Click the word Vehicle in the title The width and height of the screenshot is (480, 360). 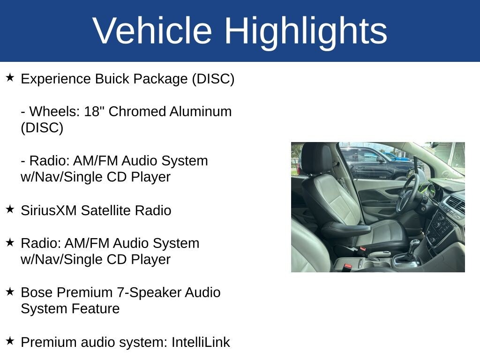(152, 30)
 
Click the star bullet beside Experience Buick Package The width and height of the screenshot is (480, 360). (10, 77)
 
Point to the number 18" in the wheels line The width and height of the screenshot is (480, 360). (92, 111)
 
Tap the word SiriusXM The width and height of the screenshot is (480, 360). (49, 210)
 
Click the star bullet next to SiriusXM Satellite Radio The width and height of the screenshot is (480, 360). (10, 209)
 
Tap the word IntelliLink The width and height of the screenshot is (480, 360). (201, 342)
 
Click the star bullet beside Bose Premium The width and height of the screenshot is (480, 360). (10, 292)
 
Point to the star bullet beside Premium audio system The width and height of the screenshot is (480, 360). (10, 341)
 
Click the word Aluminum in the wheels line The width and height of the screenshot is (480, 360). (201, 112)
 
